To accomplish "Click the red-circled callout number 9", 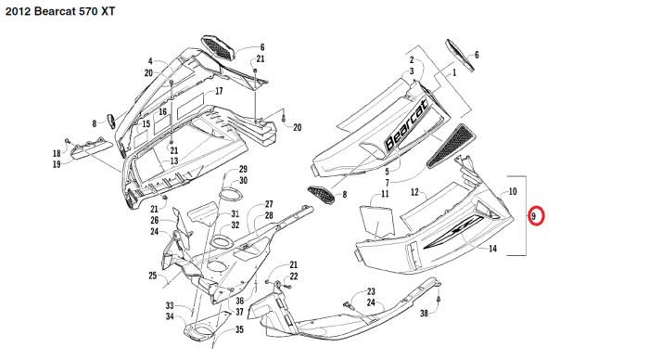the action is pos(533,216).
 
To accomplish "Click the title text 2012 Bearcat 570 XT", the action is pos(60,12).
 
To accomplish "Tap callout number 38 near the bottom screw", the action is pos(424,314).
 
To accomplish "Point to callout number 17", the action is pos(219,91).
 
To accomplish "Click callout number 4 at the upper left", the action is pos(150,61).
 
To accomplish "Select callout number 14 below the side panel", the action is pos(492,249).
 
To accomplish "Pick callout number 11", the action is pos(385,194).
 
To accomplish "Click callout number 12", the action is pos(414,192).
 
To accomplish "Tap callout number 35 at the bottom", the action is pos(239,329).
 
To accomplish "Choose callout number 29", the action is pos(243,169).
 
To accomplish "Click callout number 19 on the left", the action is pos(57,164).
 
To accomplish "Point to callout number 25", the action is pos(153,276).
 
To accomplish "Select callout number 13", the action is pos(174,161).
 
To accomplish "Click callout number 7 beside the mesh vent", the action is pos(388,183).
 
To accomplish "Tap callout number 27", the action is pos(269,204).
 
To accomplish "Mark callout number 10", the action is pos(513,191).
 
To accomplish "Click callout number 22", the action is pos(294,276).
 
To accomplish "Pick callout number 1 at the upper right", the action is pos(454,73).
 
